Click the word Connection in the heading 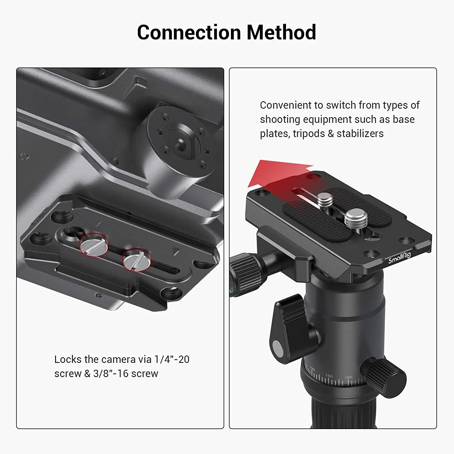tap(188, 32)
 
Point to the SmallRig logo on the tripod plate tap(400, 258)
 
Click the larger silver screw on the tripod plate tap(356, 218)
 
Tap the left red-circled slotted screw tap(94, 245)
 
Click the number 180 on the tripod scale tap(349, 377)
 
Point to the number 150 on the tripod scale tap(329, 376)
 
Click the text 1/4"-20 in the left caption tap(172, 359)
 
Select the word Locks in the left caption tap(68, 359)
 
